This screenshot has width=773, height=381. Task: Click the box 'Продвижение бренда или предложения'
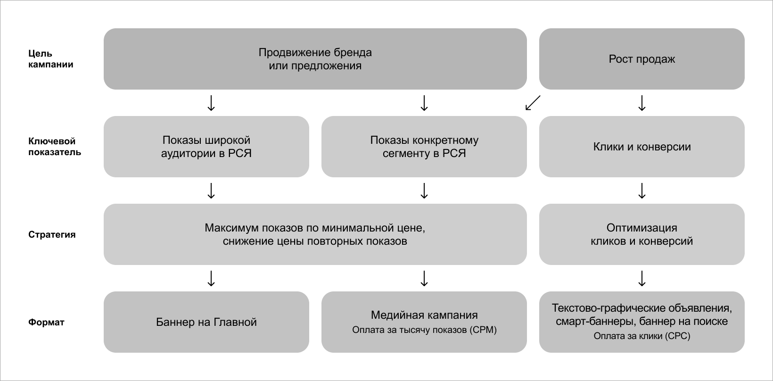(315, 59)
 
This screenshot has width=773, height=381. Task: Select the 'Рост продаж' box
(641, 59)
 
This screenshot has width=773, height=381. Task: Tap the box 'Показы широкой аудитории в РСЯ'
(206, 147)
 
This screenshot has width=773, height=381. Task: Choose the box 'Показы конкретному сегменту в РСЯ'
(424, 147)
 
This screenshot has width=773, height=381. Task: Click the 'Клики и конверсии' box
(641, 147)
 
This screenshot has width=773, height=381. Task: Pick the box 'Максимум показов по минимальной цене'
(315, 234)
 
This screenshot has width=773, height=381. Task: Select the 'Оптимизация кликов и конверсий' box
(641, 234)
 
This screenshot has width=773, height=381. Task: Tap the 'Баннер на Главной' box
(206, 322)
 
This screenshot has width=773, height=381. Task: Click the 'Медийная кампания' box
(424, 315)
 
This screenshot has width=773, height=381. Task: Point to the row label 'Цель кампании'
(51, 59)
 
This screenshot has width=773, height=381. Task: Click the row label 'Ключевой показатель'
(55, 147)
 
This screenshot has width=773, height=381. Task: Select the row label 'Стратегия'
(52, 234)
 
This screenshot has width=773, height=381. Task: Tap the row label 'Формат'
(46, 323)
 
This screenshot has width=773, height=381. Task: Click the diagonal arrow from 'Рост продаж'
(533, 103)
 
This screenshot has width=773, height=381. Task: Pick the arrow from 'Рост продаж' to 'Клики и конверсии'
(641, 103)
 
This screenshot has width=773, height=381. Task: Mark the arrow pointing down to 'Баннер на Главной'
(211, 278)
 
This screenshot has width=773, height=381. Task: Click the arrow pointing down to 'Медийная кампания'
(424, 278)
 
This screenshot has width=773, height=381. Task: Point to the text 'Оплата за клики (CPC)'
(641, 336)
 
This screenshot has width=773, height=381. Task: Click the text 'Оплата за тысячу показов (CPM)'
(424, 330)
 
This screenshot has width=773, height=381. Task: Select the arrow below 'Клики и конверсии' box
(641, 190)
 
